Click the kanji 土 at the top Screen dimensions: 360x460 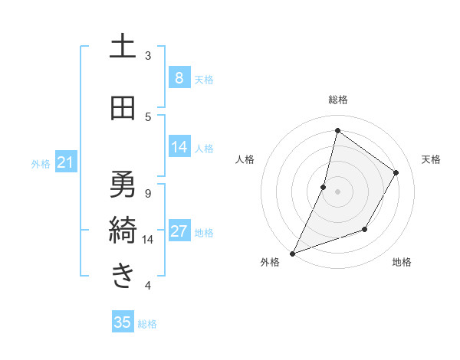[x=123, y=47]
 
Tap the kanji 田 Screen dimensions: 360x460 [x=123, y=109]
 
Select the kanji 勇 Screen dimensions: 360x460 [x=123, y=184]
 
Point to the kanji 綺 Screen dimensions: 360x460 [x=123, y=229]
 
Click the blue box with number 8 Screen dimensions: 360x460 [x=179, y=78]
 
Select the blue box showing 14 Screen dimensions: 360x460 [x=179, y=147]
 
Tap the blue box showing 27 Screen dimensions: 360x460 [x=179, y=232]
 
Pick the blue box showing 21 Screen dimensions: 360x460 [x=65, y=162]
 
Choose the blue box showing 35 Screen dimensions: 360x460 [x=123, y=322]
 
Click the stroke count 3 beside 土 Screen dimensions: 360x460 [x=148, y=56]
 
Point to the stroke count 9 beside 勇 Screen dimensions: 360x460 [x=148, y=193]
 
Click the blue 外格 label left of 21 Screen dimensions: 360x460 [x=41, y=163]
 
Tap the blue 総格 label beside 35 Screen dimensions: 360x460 [x=148, y=324]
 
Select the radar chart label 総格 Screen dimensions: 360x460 [x=337, y=100]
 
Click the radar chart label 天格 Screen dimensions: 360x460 [x=431, y=159]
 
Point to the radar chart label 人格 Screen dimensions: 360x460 [x=245, y=159]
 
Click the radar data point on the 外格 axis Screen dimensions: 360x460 [x=292, y=253]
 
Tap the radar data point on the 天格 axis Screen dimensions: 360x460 [x=396, y=172]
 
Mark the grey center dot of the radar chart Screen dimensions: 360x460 [x=337, y=191]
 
